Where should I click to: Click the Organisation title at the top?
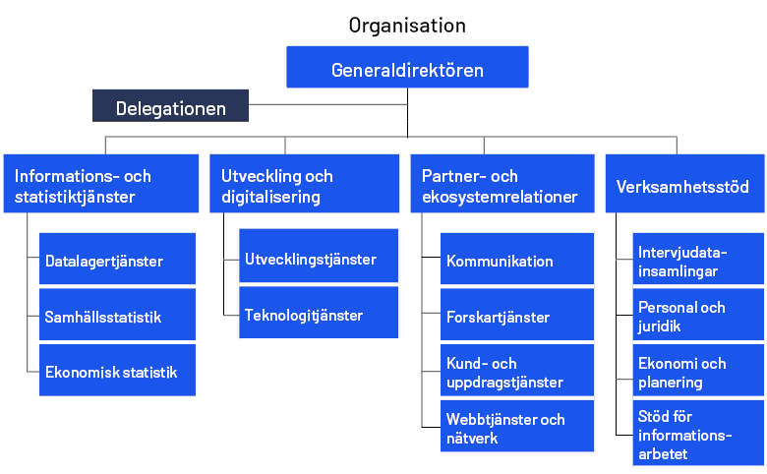(407, 25)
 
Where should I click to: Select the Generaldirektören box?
(407, 69)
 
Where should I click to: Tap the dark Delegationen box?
(170, 107)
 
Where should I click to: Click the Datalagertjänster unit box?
(117, 261)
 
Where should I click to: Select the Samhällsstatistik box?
(117, 317)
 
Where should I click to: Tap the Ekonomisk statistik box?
(117, 372)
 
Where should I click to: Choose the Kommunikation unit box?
(516, 261)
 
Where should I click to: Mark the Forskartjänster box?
(516, 317)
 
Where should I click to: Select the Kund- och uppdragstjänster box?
(516, 372)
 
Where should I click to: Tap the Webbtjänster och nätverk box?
(516, 428)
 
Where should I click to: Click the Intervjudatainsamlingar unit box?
(697, 260)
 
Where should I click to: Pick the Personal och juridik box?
(697, 316)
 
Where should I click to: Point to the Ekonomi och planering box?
(697, 372)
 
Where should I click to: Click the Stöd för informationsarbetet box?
(697, 434)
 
